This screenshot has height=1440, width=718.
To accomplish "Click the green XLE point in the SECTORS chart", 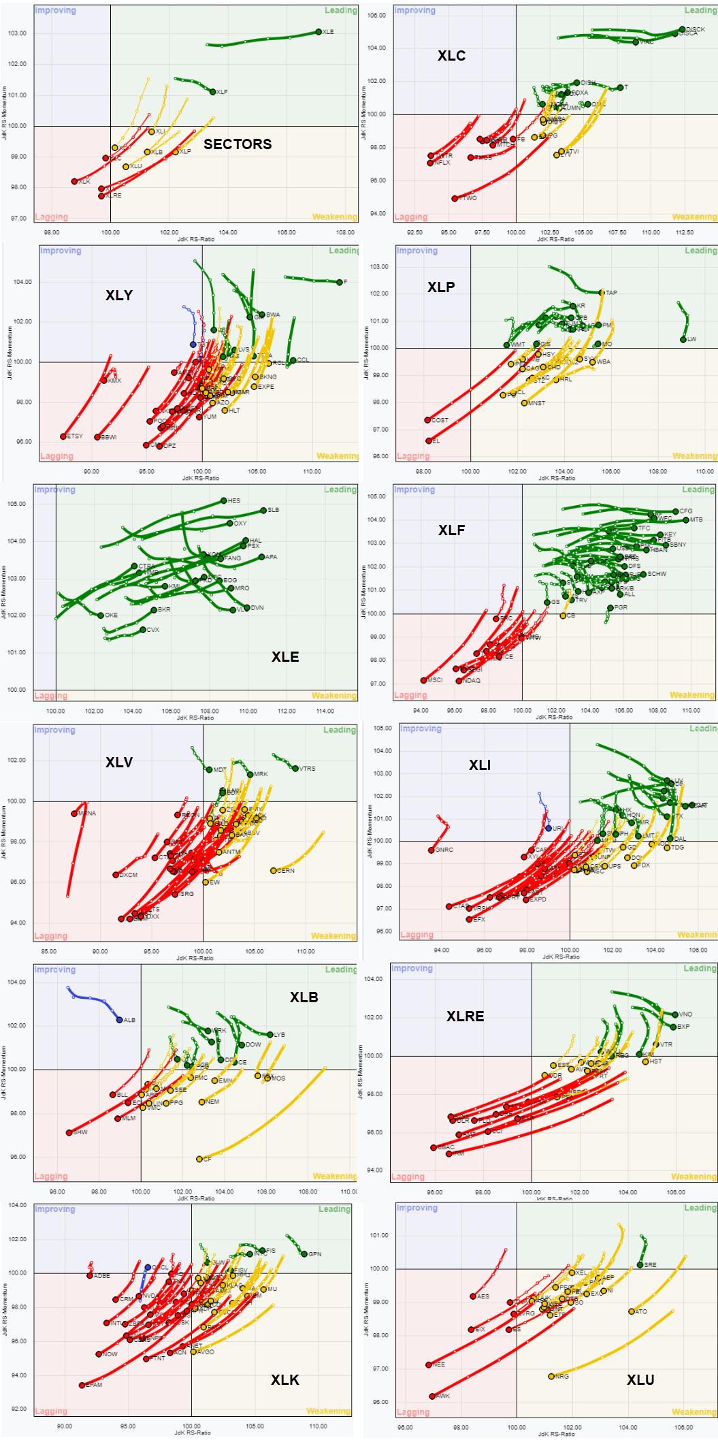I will [319, 32].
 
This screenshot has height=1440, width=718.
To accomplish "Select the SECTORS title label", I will [238, 144].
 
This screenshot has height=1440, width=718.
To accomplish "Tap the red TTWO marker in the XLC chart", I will [455, 199].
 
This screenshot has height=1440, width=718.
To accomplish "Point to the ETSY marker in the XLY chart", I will [63, 436].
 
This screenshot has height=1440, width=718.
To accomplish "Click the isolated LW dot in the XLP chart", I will [683, 339].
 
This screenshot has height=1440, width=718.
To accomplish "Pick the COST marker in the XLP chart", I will [427, 420].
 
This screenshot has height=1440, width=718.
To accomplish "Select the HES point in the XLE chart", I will [223, 500].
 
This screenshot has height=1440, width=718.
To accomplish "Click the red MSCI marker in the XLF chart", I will [423, 680].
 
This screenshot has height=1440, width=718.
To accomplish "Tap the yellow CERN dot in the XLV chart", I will [273, 871].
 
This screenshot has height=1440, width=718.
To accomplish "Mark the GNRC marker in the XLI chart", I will [431, 850].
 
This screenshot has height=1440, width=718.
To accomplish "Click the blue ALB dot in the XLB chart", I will [119, 1020].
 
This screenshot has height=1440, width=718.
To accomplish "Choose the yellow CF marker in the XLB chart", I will [199, 1159].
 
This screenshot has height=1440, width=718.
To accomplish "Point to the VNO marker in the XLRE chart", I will [675, 1014].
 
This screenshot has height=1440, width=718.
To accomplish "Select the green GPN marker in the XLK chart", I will [304, 1254].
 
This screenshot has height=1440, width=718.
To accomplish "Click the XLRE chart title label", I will [465, 1017].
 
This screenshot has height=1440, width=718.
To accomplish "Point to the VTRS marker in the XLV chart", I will [295, 769].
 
